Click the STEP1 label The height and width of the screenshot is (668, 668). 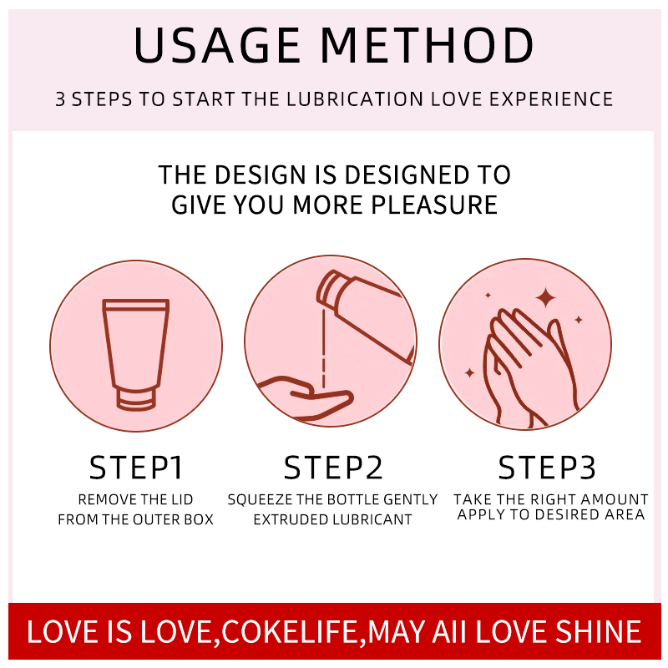(x=136, y=468)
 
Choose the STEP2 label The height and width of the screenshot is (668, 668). (x=333, y=468)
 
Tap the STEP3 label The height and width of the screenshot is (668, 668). (x=548, y=468)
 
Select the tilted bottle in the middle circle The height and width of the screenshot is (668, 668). (x=367, y=313)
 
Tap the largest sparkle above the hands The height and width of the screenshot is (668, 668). (x=546, y=297)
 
